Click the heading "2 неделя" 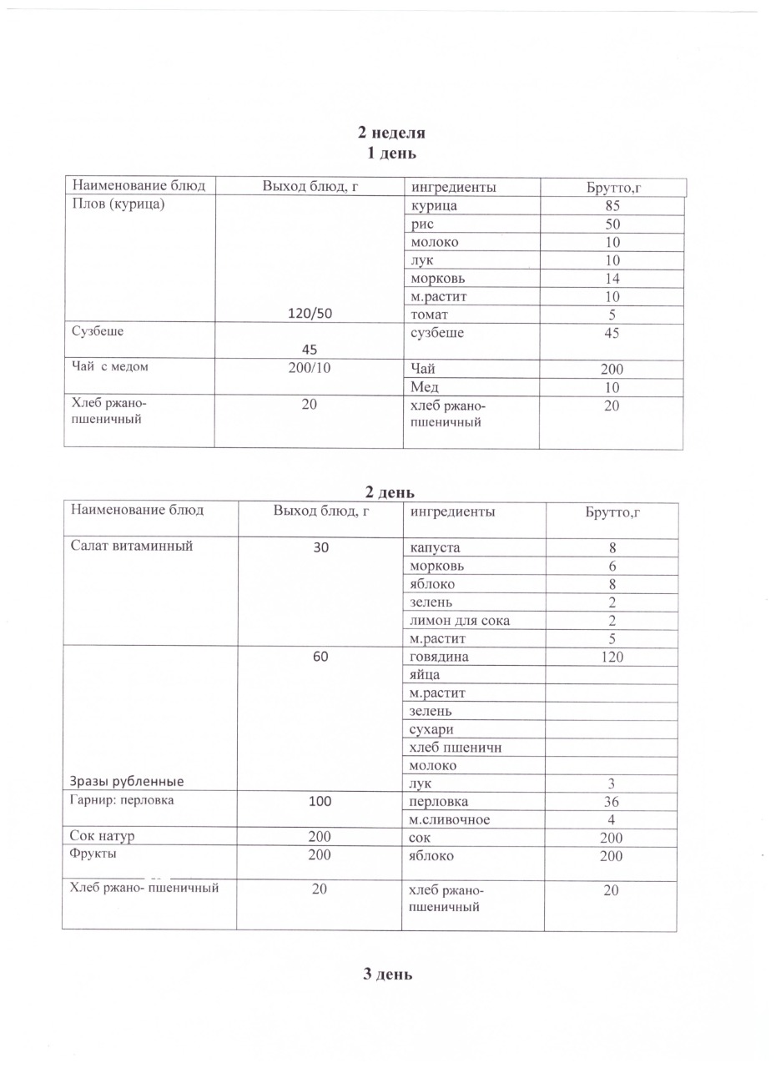pyautogui.click(x=391, y=133)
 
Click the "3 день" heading pyautogui.click(x=388, y=975)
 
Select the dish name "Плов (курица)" pyautogui.click(x=113, y=205)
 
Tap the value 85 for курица pyautogui.click(x=613, y=206)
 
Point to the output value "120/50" pyautogui.click(x=310, y=315)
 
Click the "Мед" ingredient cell pyautogui.click(x=425, y=387)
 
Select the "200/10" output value pyautogui.click(x=310, y=368)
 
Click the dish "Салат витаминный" pyautogui.click(x=132, y=547)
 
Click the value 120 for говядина pyautogui.click(x=612, y=657)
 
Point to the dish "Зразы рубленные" pyautogui.click(x=126, y=782)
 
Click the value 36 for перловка pyautogui.click(x=612, y=802)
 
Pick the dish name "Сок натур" pyautogui.click(x=103, y=836)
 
